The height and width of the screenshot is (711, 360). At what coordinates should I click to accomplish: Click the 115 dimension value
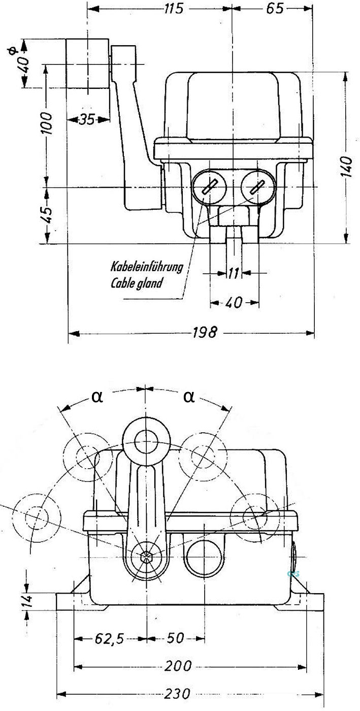[x=174, y=9]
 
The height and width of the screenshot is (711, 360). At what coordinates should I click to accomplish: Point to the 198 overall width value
[x=205, y=333]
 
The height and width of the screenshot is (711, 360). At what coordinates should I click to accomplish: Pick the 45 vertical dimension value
[x=46, y=216]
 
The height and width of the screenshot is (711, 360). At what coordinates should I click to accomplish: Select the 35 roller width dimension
[x=87, y=120]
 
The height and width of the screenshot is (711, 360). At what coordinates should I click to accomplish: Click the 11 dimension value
[x=233, y=274]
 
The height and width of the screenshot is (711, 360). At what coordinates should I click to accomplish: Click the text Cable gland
[x=137, y=283]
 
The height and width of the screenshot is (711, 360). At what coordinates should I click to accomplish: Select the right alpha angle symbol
[x=188, y=397]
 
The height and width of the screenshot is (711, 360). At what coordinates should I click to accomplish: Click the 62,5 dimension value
[x=109, y=638]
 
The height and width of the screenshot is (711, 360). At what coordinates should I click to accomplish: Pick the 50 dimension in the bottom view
[x=175, y=638]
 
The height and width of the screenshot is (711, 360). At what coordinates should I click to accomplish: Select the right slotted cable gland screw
[x=256, y=187]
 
